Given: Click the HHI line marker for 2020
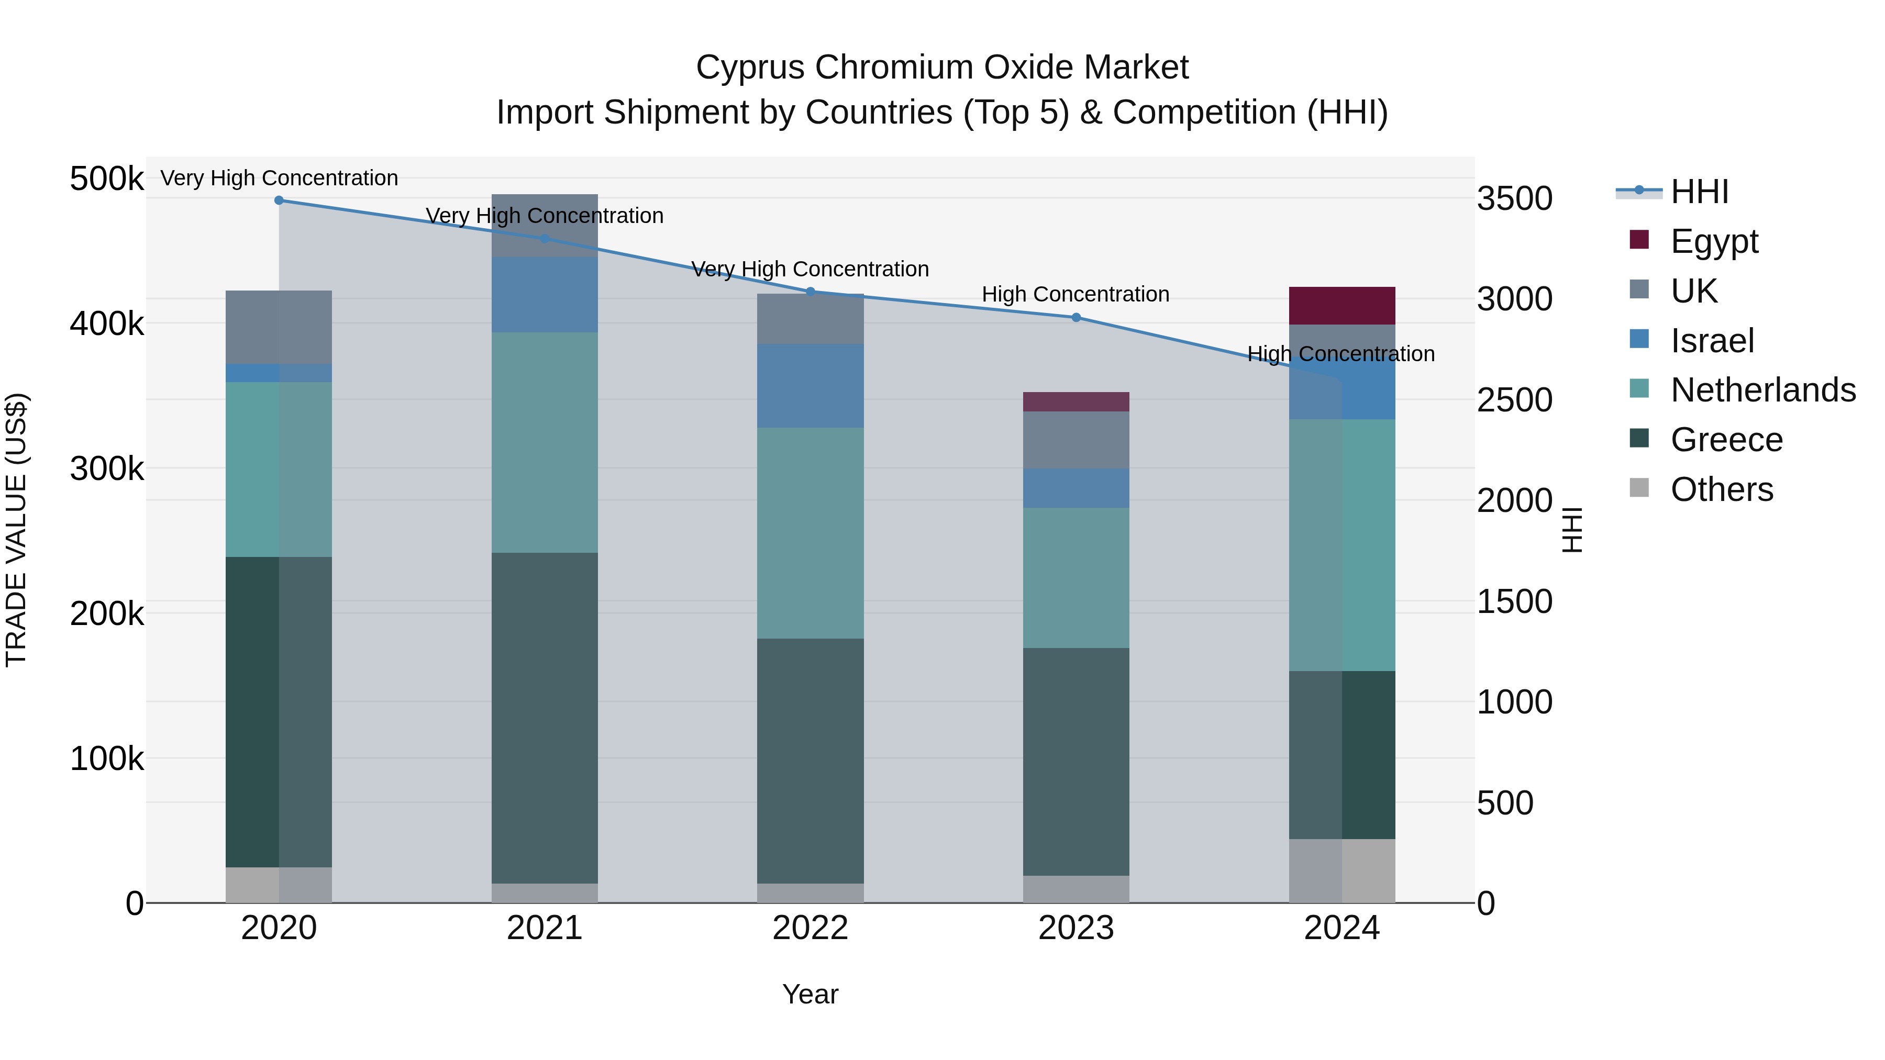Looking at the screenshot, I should point(279,200).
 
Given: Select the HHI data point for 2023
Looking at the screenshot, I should point(1075,318).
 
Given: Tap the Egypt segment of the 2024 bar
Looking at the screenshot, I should point(1341,306).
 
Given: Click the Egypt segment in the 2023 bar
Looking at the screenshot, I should point(1075,401).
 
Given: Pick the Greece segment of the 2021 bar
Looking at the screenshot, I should point(545,717).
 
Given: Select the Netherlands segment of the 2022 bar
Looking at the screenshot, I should point(810,532).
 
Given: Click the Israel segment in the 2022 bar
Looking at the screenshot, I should point(810,385).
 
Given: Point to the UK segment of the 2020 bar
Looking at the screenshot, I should point(279,327).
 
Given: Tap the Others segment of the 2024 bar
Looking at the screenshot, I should point(1341,871).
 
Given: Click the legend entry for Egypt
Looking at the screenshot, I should point(1714,241).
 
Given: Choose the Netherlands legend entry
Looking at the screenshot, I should point(1762,390).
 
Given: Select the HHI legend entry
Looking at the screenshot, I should point(1699,192).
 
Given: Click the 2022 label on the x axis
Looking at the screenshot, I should point(810,928).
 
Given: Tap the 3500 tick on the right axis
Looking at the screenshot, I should point(1514,199).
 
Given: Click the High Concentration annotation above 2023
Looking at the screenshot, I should point(1075,294).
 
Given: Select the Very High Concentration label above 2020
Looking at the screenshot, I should point(279,178).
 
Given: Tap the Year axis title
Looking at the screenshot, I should point(810,994).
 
